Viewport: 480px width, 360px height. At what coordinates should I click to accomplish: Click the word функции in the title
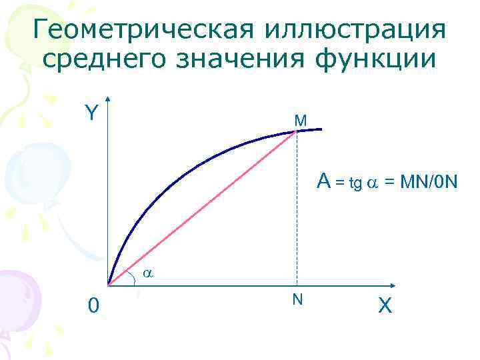click(x=383, y=59)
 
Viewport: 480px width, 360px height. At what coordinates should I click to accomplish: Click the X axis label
click(x=385, y=306)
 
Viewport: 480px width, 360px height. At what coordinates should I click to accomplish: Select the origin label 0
click(x=95, y=305)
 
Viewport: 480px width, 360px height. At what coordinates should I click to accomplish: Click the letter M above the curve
click(x=300, y=121)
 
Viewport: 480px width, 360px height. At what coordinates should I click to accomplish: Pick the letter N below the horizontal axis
click(x=297, y=299)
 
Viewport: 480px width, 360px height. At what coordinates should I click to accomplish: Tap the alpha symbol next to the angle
click(x=149, y=273)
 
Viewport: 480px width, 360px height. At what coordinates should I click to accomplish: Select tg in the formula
click(x=355, y=183)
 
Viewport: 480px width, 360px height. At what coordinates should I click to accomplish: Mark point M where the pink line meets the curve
click(x=297, y=132)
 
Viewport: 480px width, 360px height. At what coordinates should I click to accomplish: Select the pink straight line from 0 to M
click(x=200, y=209)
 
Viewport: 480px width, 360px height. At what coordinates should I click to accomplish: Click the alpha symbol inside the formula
click(x=371, y=183)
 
